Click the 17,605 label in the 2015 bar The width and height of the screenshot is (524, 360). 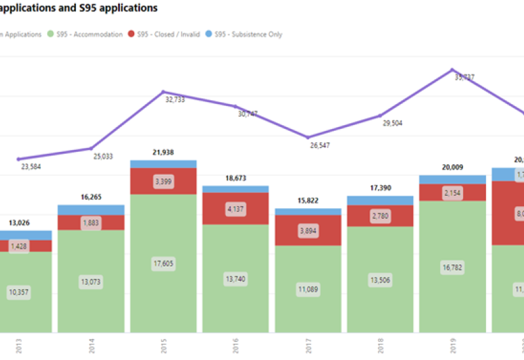[x=163, y=263]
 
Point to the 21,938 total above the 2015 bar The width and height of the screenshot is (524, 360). [x=163, y=152]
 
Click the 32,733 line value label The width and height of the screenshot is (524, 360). [x=175, y=99]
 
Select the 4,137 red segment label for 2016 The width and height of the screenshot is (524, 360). [x=235, y=209]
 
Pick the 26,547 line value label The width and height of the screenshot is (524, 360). [x=320, y=145]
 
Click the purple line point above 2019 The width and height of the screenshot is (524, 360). [x=452, y=70]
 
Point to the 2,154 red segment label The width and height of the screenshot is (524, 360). [x=452, y=192]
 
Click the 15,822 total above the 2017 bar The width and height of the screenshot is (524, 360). [x=308, y=200]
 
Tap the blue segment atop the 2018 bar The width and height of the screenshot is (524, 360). [x=380, y=200]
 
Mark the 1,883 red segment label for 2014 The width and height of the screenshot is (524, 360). [x=91, y=223]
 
